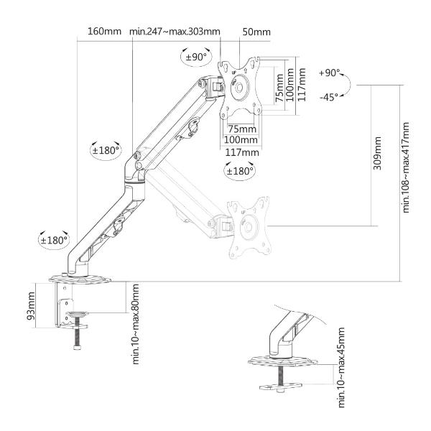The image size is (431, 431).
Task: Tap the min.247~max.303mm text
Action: [175, 32]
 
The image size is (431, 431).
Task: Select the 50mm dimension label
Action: [256, 32]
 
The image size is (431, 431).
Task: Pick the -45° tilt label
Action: [329, 96]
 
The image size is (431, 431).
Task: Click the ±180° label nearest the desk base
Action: [52, 240]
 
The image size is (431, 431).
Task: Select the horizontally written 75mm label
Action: [237, 127]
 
